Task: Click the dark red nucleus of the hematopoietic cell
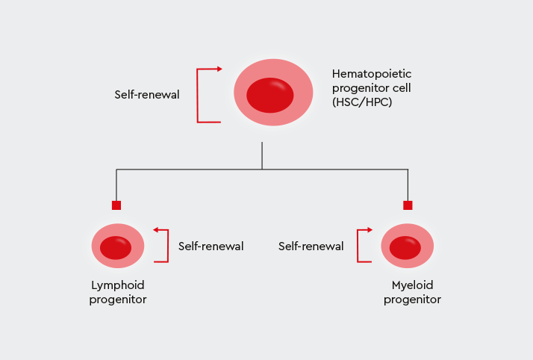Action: (x=270, y=95)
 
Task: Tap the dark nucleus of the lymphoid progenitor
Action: (x=116, y=247)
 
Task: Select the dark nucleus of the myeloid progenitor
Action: (x=405, y=247)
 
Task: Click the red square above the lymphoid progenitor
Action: (x=116, y=205)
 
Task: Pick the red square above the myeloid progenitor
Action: (x=408, y=205)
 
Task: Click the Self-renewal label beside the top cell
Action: (x=147, y=95)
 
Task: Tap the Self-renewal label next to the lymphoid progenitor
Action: (x=211, y=246)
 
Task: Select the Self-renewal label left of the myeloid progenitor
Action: (x=311, y=246)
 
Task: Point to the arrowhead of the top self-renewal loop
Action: (x=219, y=69)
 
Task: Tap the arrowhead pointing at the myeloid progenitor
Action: (x=369, y=230)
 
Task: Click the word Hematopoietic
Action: (x=372, y=74)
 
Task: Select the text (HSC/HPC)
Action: (x=362, y=102)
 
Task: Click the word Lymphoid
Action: (x=117, y=285)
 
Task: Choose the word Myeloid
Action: (x=412, y=285)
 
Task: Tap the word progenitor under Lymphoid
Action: (x=117, y=300)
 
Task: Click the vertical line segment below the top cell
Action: (x=262, y=155)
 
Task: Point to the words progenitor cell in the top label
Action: (x=371, y=88)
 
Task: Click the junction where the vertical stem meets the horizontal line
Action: (x=262, y=170)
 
